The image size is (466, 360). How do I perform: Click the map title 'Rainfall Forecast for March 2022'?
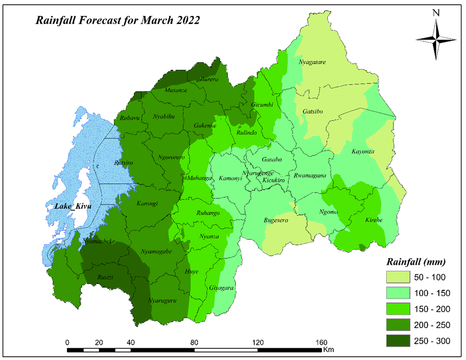(x=118, y=21)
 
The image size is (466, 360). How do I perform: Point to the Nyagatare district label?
(x=311, y=62)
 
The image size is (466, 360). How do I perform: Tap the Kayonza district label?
(x=363, y=152)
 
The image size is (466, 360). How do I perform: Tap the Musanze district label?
(x=176, y=90)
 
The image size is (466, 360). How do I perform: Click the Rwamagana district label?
(x=310, y=176)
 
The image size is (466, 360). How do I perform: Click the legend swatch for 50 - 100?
(x=398, y=277)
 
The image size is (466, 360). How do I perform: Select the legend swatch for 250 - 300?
(x=398, y=341)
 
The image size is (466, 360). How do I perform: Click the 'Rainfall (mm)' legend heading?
(x=416, y=262)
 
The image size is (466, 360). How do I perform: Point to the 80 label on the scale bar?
(x=194, y=342)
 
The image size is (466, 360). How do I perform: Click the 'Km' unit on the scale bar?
(x=328, y=350)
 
